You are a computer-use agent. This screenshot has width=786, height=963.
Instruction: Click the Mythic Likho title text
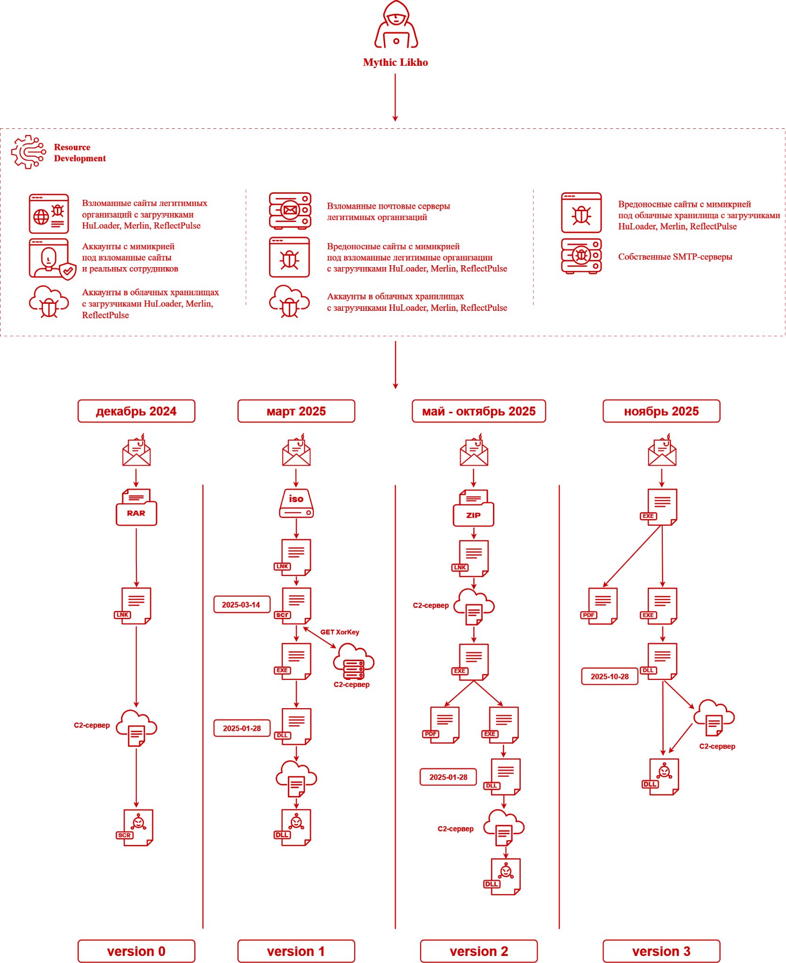coord(395,63)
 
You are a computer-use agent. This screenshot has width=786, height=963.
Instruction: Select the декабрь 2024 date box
coord(136,411)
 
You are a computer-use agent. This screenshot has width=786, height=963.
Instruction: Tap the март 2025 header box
coord(296,411)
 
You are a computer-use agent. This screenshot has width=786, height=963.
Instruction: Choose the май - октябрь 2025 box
coord(479,411)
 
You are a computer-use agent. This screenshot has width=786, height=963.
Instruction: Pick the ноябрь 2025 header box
coord(661,411)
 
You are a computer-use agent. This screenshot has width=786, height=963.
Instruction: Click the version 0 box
coord(136,951)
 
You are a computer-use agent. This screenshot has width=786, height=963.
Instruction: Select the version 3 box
coord(661,951)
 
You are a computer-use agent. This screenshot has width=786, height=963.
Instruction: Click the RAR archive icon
coord(136,508)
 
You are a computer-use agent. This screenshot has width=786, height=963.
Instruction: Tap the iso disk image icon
coord(296,504)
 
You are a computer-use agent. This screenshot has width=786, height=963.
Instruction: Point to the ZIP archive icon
coord(473,509)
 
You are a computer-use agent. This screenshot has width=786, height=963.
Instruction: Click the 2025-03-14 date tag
coord(241,605)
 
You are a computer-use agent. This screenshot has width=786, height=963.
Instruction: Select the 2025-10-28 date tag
coord(610,677)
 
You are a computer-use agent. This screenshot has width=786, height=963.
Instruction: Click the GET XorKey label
coord(340,632)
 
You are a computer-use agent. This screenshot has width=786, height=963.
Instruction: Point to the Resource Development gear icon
coord(29,152)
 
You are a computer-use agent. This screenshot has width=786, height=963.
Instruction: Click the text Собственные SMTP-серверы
coord(675,257)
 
